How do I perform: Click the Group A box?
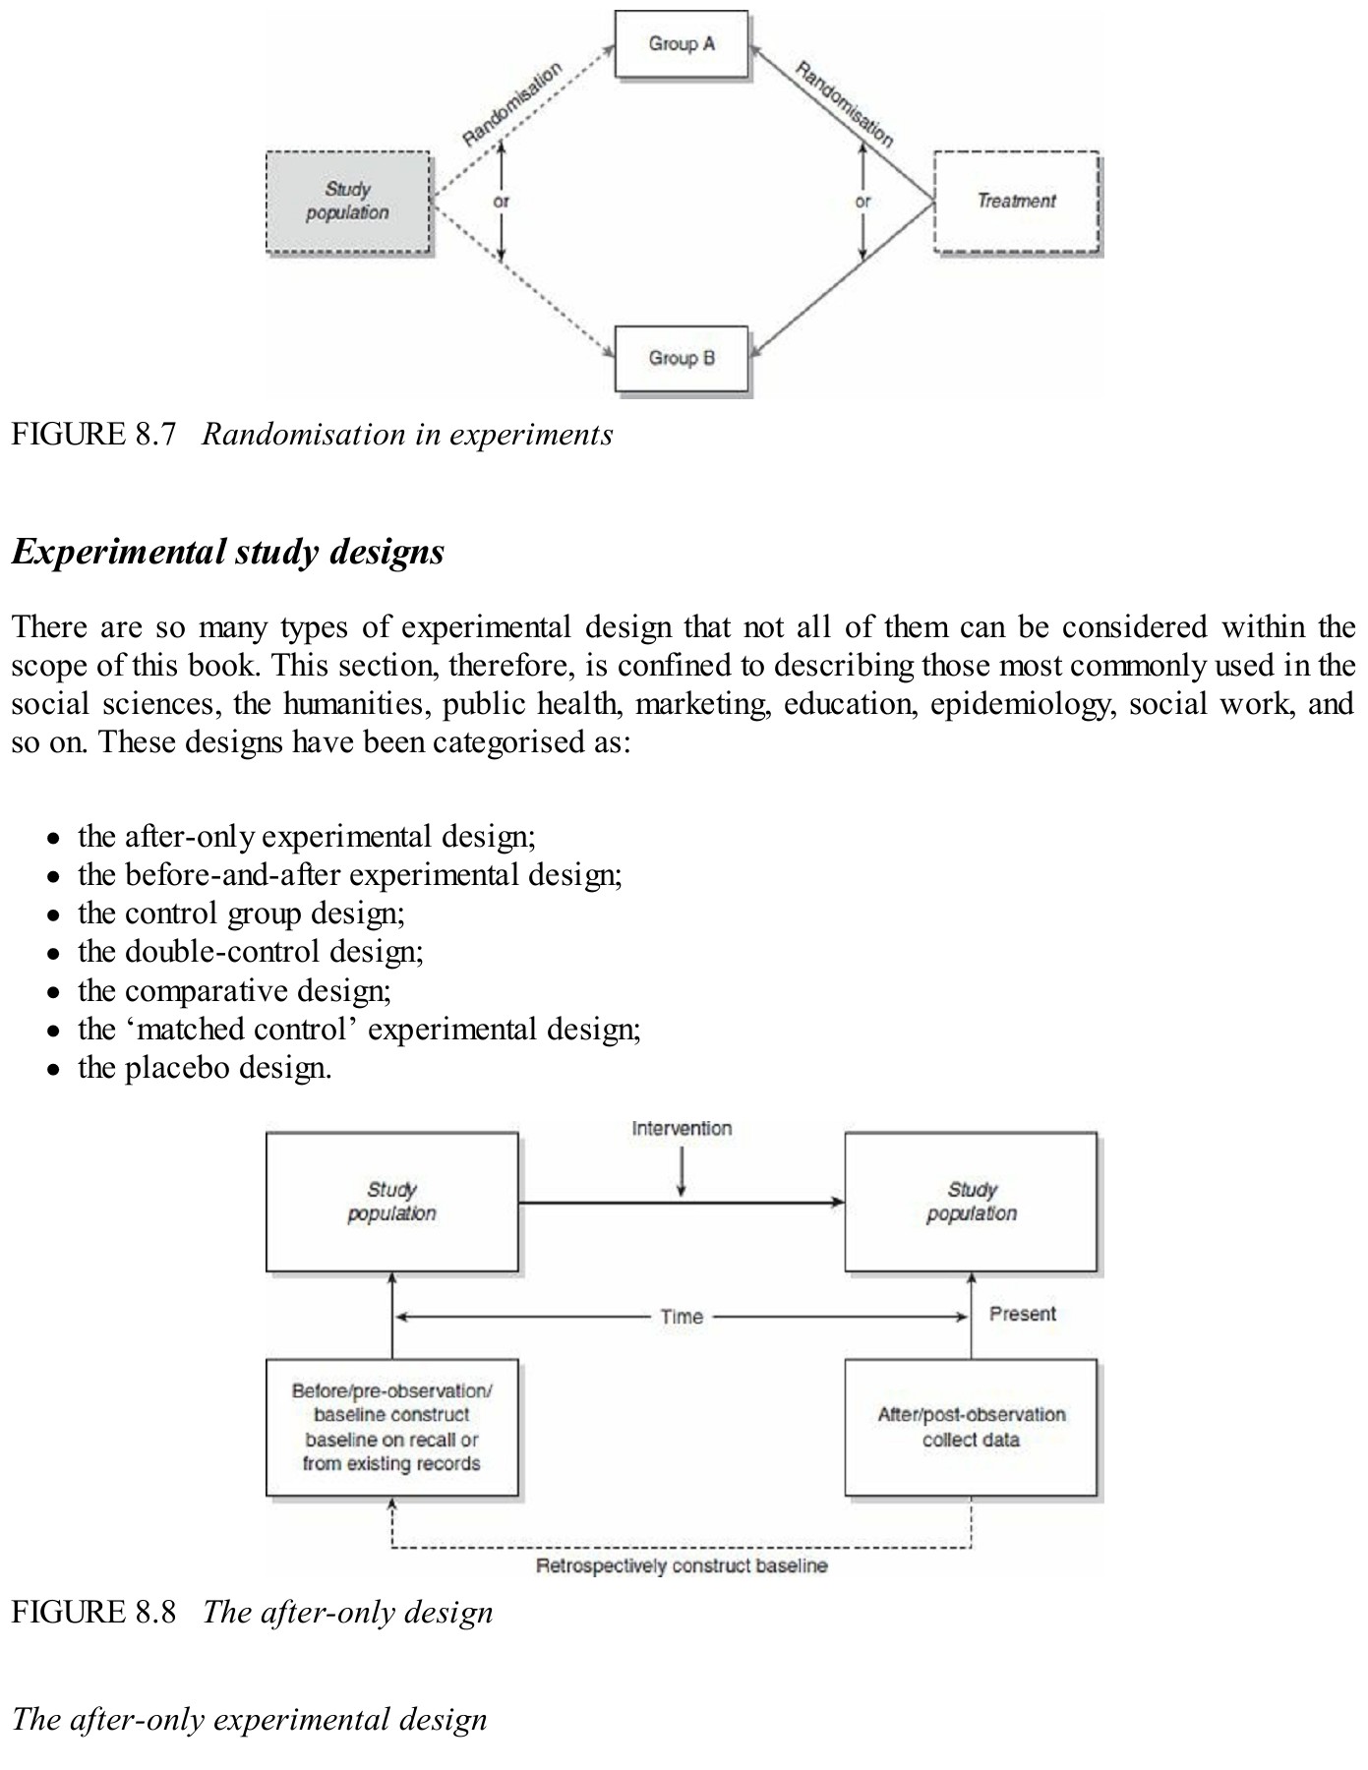click(x=682, y=44)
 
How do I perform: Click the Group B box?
click(x=682, y=359)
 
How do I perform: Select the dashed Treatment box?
click(x=1016, y=202)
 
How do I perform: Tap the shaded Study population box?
click(x=348, y=202)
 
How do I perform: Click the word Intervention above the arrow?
click(x=682, y=1129)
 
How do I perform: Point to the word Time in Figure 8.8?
click(x=682, y=1317)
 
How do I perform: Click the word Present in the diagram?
click(x=1022, y=1314)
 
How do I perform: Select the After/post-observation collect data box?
click(x=971, y=1427)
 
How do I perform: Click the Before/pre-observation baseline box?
click(x=391, y=1427)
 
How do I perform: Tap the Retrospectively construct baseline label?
click(x=682, y=1565)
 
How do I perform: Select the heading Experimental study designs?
click(x=228, y=552)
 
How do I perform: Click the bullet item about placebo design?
click(x=205, y=1068)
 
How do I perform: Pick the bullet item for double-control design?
click(x=250, y=952)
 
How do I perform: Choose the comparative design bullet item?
click(x=234, y=990)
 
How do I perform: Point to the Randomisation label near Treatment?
click(x=844, y=104)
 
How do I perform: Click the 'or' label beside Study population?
click(x=501, y=202)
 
